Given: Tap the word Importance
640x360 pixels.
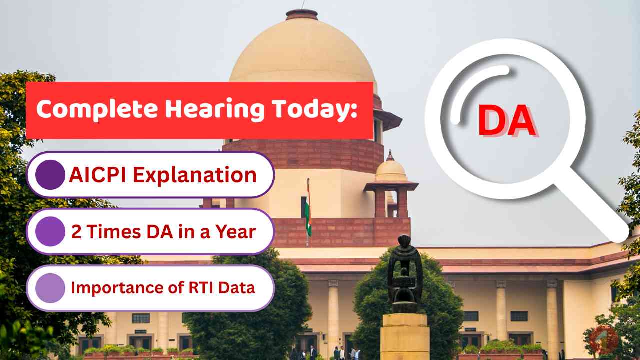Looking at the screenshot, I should [x=114, y=288].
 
